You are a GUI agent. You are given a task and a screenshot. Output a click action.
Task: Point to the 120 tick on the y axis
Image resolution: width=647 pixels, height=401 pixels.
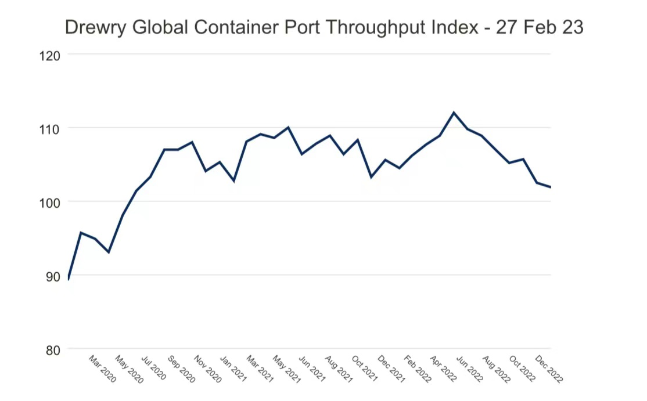click(x=51, y=55)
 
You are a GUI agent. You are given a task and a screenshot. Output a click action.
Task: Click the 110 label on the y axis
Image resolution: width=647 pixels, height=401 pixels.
click(x=51, y=128)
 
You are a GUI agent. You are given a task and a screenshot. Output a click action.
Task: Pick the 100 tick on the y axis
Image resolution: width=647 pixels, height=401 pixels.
click(x=51, y=202)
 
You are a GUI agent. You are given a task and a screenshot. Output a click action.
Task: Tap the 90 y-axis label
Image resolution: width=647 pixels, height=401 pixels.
click(x=53, y=276)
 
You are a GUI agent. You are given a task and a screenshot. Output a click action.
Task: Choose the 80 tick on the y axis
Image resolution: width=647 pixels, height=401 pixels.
click(x=53, y=349)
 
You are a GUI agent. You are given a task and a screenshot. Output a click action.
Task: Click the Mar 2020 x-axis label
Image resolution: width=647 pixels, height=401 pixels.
click(x=102, y=369)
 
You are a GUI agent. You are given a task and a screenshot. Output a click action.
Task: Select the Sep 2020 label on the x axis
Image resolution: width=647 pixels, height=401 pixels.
click(x=182, y=369)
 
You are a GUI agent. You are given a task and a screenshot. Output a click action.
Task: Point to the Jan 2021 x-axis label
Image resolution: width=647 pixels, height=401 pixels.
click(x=235, y=369)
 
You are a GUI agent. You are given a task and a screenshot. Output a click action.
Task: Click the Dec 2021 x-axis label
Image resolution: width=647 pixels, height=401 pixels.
click(x=391, y=369)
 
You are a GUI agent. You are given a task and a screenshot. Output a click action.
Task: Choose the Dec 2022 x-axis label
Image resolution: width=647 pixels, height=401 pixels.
click(x=548, y=369)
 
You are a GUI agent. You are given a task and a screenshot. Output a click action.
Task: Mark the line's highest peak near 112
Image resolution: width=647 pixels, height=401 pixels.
click(x=454, y=113)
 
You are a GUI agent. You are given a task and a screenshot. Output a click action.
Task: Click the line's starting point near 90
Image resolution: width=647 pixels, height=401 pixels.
click(x=69, y=279)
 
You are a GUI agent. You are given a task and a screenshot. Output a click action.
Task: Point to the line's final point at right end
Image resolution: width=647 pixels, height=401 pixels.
click(x=550, y=187)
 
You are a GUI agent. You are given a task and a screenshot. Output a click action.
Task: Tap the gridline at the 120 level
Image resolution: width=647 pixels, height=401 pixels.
click(x=308, y=55)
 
